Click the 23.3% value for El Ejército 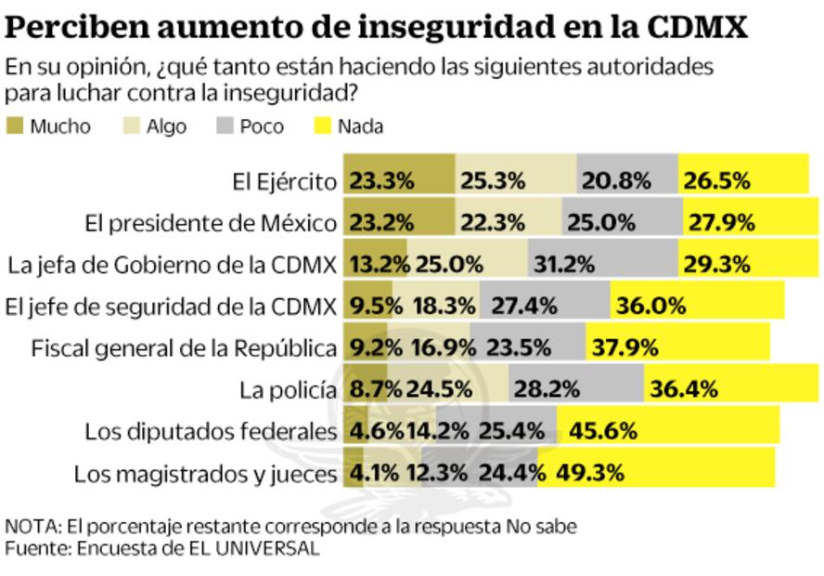(x=381, y=181)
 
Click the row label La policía (x=287, y=390)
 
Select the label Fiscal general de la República (x=184, y=348)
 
